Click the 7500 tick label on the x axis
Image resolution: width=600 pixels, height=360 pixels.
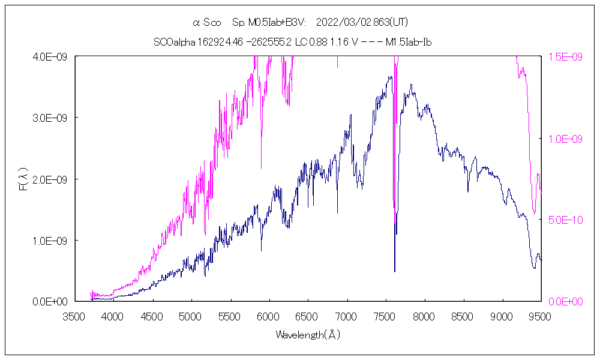[385, 316]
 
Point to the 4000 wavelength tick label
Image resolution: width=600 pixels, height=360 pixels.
[113, 316]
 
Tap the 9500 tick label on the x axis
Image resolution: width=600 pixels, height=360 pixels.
[541, 316]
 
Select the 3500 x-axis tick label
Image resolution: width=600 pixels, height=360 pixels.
[74, 316]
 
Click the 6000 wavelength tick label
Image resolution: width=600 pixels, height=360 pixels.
[268, 316]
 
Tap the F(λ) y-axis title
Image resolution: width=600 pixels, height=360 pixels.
[23, 179]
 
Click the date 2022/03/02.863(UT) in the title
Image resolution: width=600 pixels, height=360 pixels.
[361, 23]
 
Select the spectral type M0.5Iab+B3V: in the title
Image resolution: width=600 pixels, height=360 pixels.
[269, 23]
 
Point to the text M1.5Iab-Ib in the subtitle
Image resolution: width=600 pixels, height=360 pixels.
[409, 42]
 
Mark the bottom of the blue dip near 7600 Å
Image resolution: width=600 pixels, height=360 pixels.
[395, 271]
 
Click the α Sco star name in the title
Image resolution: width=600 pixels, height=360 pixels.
[207, 23]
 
